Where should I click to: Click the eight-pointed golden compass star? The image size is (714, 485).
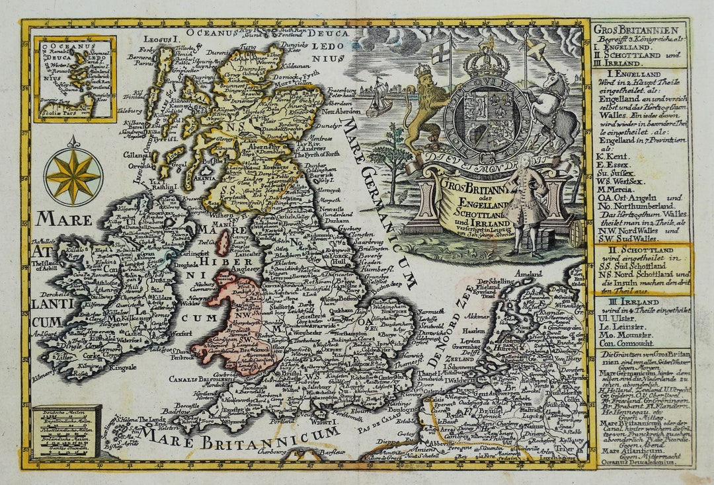pos(73,176)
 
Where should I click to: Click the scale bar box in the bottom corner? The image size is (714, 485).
pos(66,431)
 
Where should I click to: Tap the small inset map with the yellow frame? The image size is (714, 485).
pos(75,79)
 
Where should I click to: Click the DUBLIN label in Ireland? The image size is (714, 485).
pos(164,279)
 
